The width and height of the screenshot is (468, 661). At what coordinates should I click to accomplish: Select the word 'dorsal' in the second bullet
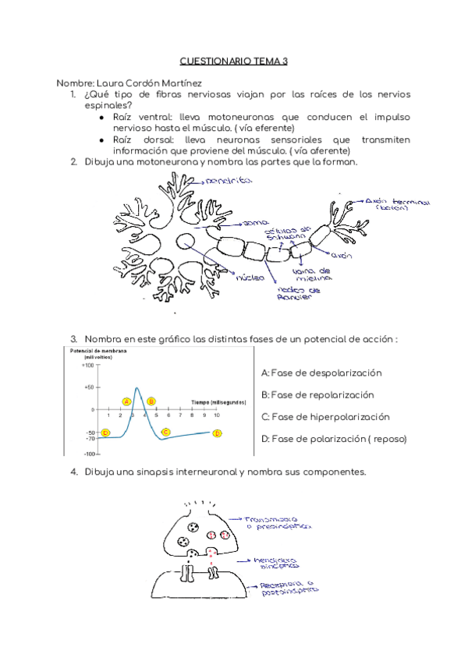pyautogui.click(x=154, y=139)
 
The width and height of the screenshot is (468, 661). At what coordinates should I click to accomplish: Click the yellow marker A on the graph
pyautogui.click(x=126, y=401)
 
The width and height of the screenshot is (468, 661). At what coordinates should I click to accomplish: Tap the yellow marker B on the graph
pyautogui.click(x=151, y=401)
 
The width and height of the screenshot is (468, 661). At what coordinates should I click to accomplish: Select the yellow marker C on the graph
pyautogui.click(x=165, y=431)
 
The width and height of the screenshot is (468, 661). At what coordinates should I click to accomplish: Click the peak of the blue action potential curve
pyautogui.click(x=137, y=387)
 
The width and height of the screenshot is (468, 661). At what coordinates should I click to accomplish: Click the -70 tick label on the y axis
pyautogui.click(x=90, y=439)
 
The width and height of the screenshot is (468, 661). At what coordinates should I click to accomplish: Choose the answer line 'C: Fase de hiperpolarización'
pyautogui.click(x=325, y=416)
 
